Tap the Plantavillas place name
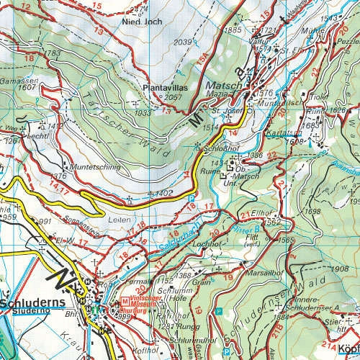point(163,88)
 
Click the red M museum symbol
point(124,301)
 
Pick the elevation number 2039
point(183,42)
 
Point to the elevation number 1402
point(164,194)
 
